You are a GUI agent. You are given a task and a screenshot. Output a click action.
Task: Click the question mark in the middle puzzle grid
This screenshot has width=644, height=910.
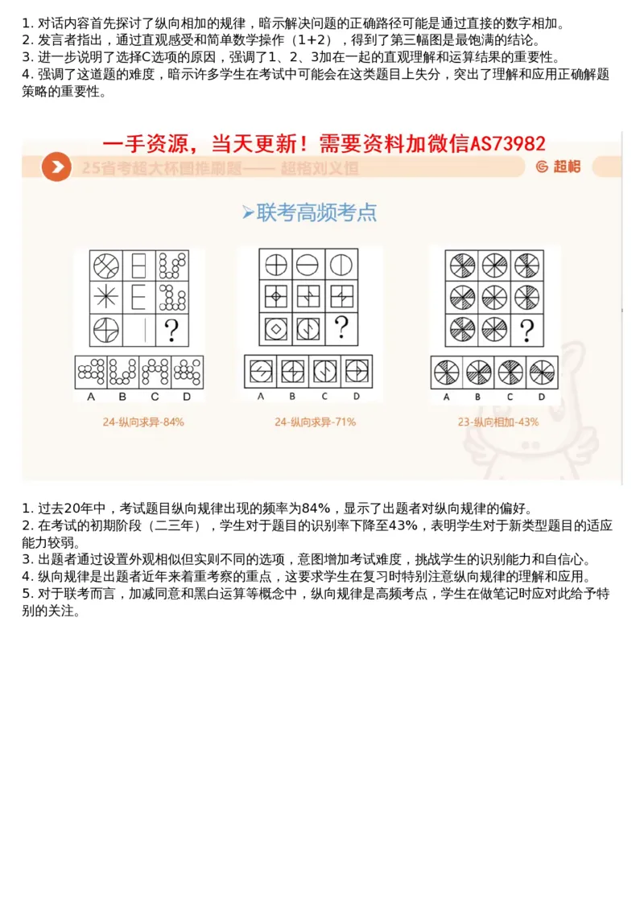(341, 327)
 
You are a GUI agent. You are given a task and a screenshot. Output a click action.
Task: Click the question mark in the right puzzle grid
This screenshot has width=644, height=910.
(527, 330)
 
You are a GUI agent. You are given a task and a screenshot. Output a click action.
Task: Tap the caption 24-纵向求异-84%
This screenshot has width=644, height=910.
(143, 422)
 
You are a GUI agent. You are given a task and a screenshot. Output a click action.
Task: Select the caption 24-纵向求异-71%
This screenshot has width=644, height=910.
(315, 422)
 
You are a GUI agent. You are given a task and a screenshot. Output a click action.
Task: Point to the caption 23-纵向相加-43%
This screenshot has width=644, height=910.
(498, 422)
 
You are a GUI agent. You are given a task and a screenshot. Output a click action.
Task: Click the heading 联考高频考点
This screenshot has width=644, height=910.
(310, 212)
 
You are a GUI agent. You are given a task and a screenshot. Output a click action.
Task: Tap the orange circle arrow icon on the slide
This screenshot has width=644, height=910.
(56, 167)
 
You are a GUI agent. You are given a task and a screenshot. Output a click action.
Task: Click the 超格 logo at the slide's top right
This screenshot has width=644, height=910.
(557, 167)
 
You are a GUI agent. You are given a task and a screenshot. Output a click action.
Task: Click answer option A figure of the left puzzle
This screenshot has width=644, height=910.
(90, 371)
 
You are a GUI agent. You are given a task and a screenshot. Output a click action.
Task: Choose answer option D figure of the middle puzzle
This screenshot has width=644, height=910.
(356, 371)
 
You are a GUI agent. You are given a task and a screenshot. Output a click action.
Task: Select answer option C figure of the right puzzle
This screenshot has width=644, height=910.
(510, 372)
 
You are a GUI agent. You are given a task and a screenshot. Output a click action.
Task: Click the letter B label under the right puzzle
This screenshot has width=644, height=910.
(477, 397)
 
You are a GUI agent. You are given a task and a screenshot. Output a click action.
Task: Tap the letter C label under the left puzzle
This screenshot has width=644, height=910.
(155, 397)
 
